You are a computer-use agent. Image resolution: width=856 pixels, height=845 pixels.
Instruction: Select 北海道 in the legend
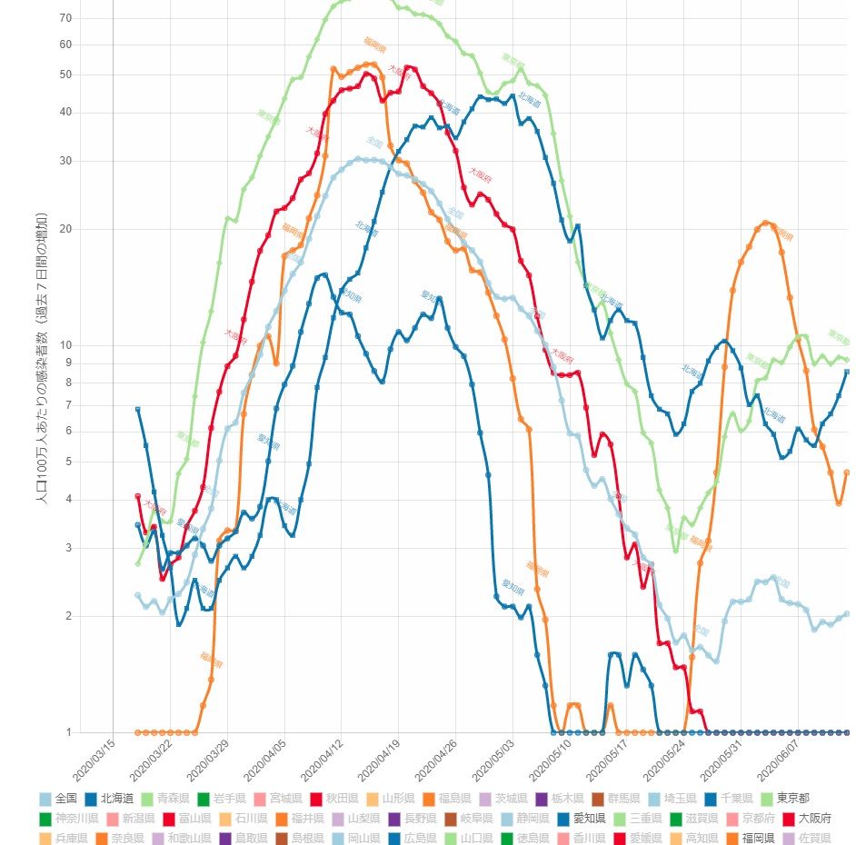click(115, 799)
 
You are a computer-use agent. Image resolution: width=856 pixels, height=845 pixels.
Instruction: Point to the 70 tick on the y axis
click(65, 18)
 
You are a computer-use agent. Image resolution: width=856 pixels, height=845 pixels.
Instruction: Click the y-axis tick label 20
click(65, 228)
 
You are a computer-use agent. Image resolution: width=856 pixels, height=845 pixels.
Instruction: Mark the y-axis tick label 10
click(65, 344)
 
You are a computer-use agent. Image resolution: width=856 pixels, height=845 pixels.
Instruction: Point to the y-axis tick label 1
click(68, 732)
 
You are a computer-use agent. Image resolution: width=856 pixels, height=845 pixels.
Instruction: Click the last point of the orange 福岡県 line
click(847, 472)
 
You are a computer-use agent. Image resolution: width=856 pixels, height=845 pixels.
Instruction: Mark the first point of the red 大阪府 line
click(138, 496)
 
